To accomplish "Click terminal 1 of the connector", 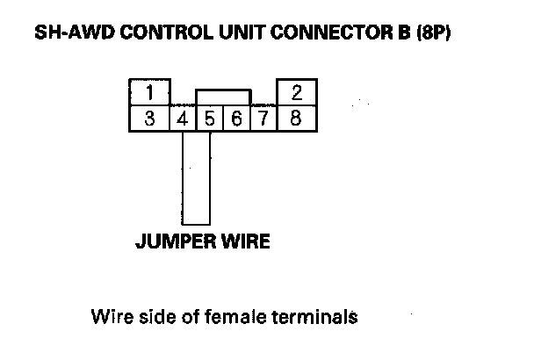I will click(x=150, y=93).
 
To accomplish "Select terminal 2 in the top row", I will click(x=296, y=93).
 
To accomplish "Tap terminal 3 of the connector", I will click(x=150, y=119).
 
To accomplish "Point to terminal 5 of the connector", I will click(x=210, y=119).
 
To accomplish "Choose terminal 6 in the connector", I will click(x=236, y=119).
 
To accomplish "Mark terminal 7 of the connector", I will click(x=263, y=119).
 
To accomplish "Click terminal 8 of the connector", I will click(x=296, y=119).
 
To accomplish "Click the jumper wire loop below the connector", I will click(x=197, y=180).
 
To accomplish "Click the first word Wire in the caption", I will click(x=109, y=317).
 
